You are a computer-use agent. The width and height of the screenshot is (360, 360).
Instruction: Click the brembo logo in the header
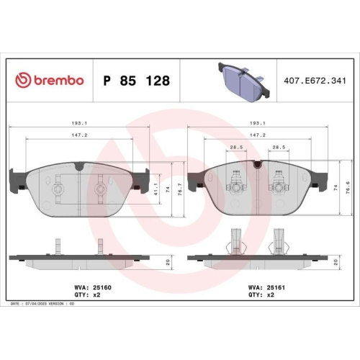[x=49, y=80]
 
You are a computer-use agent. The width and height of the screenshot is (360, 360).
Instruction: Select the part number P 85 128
[x=137, y=81]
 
